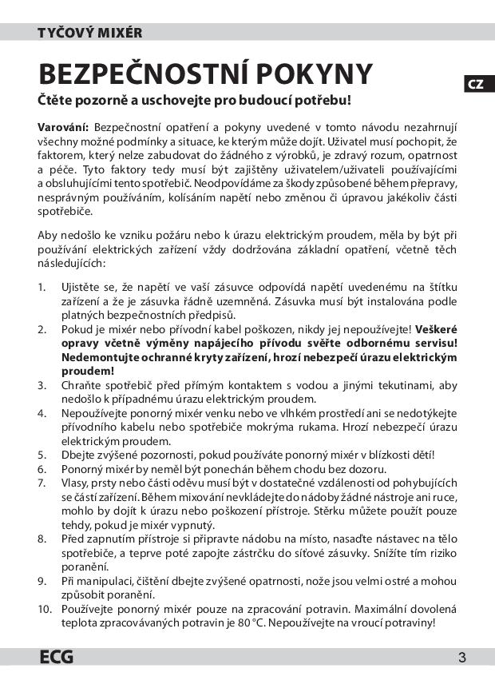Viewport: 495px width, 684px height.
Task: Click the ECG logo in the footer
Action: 57,658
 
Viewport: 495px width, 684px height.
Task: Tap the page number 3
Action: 462,658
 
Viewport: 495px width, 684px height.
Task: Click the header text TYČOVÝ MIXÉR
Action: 90,33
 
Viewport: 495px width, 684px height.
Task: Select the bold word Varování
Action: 63,127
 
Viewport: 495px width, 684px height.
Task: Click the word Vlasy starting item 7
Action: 76,483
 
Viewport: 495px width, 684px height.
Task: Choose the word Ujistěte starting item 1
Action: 83,286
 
